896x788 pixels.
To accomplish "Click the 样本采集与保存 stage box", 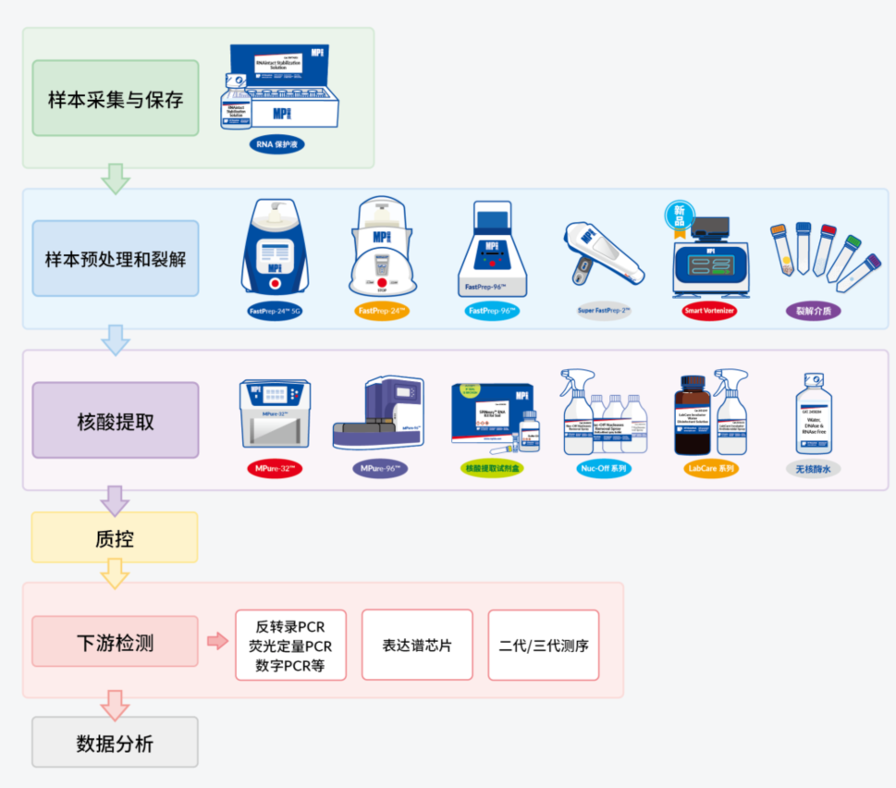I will (116, 99).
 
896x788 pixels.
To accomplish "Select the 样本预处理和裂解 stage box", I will (116, 258).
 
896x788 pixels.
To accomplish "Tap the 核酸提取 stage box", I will (116, 421).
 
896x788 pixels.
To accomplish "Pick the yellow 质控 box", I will (115, 537).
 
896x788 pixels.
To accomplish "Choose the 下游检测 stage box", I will (116, 642).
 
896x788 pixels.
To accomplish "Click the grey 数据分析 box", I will (116, 742).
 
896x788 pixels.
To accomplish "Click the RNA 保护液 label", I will (277, 145).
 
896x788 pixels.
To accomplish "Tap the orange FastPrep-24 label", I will (382, 312).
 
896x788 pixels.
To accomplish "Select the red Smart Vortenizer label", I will (709, 312).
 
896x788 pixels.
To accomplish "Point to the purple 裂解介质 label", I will (813, 311).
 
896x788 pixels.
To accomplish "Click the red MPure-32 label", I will (275, 469).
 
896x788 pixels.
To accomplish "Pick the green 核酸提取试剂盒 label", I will (496, 469).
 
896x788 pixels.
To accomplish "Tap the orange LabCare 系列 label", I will (711, 469).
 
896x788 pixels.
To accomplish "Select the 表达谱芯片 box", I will (417, 645).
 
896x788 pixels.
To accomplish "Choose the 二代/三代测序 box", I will (544, 645).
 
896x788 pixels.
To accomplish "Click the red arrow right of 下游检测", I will (217, 642).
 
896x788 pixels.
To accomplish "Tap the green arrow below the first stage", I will (115, 179).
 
